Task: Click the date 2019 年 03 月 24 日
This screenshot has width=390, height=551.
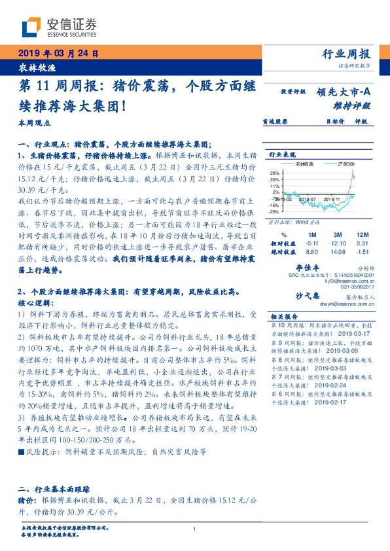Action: [x=58, y=53]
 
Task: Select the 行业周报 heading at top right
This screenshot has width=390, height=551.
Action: [x=346, y=54]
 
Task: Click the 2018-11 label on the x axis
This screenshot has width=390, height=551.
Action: [x=333, y=198]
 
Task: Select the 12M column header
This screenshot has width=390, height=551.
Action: [x=361, y=234]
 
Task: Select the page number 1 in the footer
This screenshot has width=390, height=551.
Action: [x=195, y=529]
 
